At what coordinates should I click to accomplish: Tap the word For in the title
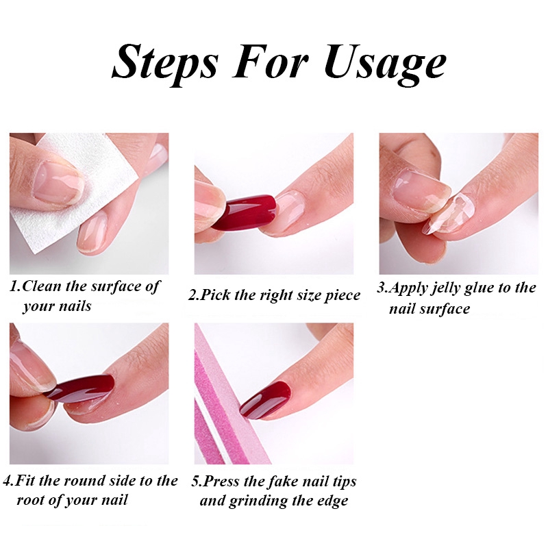point(270,60)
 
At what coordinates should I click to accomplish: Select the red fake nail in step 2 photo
point(244,212)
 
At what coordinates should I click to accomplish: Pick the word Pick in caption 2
point(216,295)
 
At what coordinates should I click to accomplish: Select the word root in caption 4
point(30,500)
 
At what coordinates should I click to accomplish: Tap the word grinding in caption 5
point(259,501)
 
